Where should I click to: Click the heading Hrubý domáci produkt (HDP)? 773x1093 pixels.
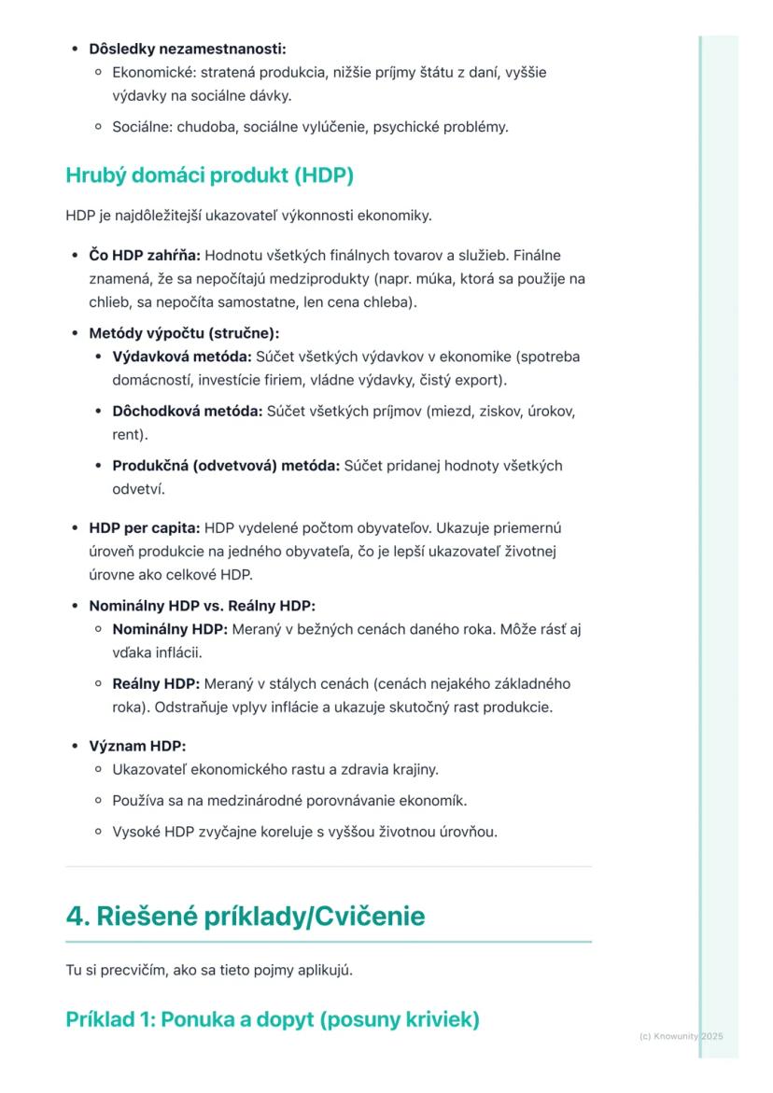click(209, 175)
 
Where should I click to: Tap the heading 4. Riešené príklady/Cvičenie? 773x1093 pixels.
click(245, 917)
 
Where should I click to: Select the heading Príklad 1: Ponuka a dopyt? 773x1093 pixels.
click(273, 1019)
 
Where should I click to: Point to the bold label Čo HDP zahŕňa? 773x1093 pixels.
click(145, 255)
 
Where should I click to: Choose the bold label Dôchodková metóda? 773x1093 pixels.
click(188, 411)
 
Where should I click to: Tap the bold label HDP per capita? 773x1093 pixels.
click(144, 527)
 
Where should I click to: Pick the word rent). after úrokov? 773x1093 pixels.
click(131, 434)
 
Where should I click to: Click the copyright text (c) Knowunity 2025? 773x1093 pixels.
click(682, 1036)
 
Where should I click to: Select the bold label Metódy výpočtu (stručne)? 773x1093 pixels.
click(184, 332)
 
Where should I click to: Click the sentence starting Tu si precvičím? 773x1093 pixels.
click(209, 971)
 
